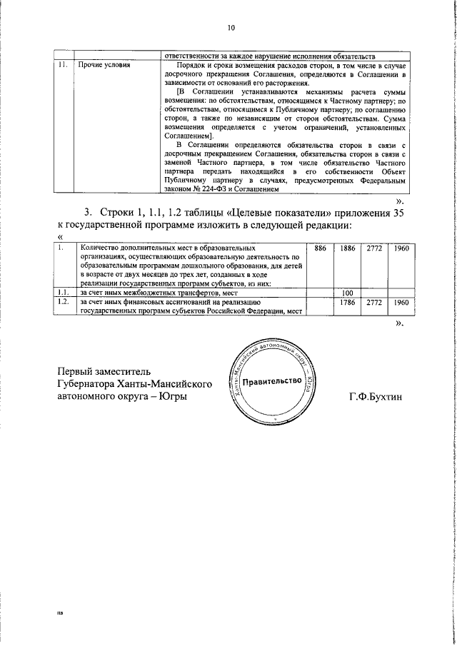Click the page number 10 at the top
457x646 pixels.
point(231,28)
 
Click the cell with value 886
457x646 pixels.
point(321,247)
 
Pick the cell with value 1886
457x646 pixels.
point(348,247)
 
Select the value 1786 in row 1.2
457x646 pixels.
point(348,302)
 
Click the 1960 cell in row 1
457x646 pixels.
point(401,247)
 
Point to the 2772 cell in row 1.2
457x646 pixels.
point(374,302)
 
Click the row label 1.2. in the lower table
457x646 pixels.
point(64,302)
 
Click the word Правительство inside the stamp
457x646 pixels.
point(272,381)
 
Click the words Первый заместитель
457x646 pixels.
point(105,371)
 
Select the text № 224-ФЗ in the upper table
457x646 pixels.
point(214,191)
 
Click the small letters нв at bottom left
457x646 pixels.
point(60,612)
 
